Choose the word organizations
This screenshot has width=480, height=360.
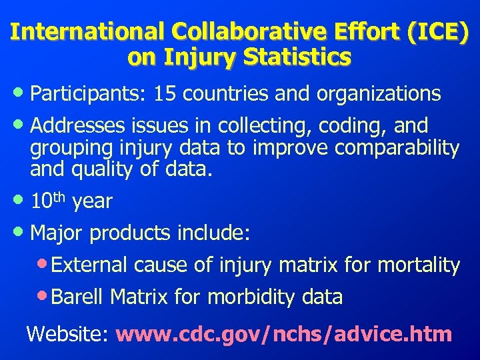(378, 94)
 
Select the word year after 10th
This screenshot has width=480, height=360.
(92, 201)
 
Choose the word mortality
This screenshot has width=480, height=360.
(419, 265)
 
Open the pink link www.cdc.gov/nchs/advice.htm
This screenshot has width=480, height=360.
(284, 333)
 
